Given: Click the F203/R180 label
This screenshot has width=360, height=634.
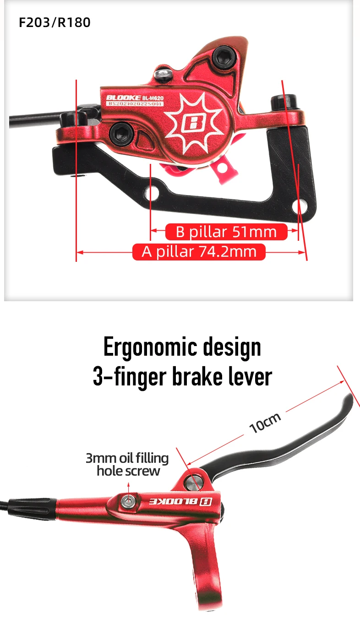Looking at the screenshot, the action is pyautogui.click(x=55, y=22).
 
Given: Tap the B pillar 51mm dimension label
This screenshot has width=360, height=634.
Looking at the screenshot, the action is pyautogui.click(x=226, y=232).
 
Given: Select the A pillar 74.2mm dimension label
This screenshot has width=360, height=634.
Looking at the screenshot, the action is pyautogui.click(x=199, y=252).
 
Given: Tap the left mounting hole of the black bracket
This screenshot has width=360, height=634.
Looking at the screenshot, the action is pyautogui.click(x=153, y=194).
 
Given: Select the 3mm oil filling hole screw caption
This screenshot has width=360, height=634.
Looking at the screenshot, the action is pyautogui.click(x=127, y=464).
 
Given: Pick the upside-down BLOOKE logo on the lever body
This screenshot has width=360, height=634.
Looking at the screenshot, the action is pyautogui.click(x=179, y=501).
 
